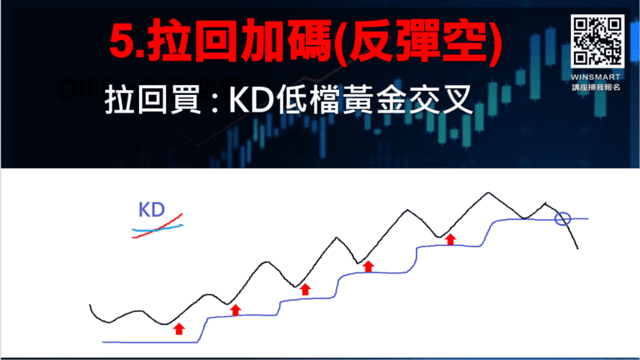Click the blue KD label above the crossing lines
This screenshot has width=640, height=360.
(151, 209)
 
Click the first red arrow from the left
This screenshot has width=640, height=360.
(178, 328)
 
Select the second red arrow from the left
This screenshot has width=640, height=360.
(235, 310)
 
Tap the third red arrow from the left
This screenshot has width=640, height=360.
(305, 288)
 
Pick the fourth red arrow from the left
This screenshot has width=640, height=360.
(368, 266)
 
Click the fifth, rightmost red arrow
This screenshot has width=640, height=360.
(451, 239)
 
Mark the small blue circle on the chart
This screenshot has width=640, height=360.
(562, 219)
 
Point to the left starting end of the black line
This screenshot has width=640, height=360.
(91, 306)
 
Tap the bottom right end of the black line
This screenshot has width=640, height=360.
(576, 248)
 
